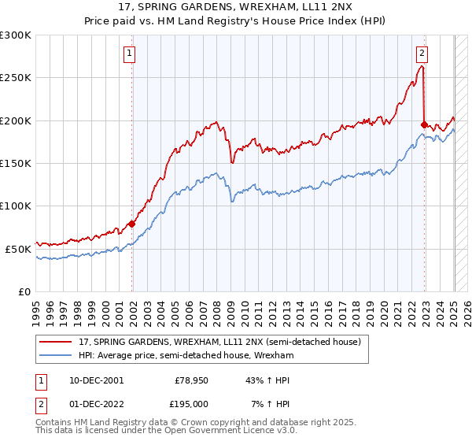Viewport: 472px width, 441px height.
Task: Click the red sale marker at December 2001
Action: click(131, 224)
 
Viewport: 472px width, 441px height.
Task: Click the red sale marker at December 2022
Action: click(424, 124)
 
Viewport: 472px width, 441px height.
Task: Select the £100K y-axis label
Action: click(17, 206)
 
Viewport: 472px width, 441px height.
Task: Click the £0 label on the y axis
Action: click(25, 291)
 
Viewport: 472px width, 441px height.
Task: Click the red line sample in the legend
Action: click(57, 342)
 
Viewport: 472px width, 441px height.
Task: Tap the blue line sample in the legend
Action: click(57, 356)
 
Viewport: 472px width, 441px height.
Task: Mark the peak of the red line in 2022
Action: click(422, 66)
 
